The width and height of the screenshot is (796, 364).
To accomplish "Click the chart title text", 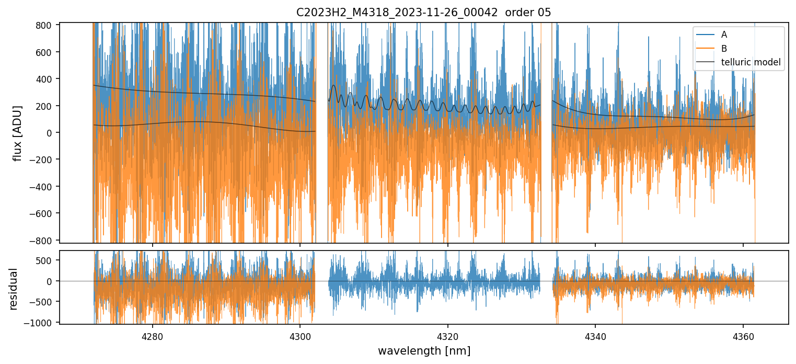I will click(423, 13).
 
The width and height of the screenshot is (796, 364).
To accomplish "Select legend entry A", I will click(724, 35).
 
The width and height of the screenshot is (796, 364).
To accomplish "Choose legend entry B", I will click(724, 49).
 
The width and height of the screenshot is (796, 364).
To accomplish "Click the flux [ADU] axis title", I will click(18, 133).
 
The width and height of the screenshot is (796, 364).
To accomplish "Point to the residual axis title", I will click(14, 289).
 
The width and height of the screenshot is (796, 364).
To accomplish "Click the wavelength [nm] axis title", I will click(424, 350).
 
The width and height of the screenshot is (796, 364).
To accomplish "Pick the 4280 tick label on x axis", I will click(153, 335).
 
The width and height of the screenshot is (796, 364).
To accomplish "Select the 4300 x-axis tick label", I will click(300, 335).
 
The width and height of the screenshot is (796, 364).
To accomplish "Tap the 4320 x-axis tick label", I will click(448, 335).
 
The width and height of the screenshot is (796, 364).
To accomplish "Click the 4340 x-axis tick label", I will click(595, 335).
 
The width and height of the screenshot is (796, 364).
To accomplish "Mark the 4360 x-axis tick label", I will click(743, 335).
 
